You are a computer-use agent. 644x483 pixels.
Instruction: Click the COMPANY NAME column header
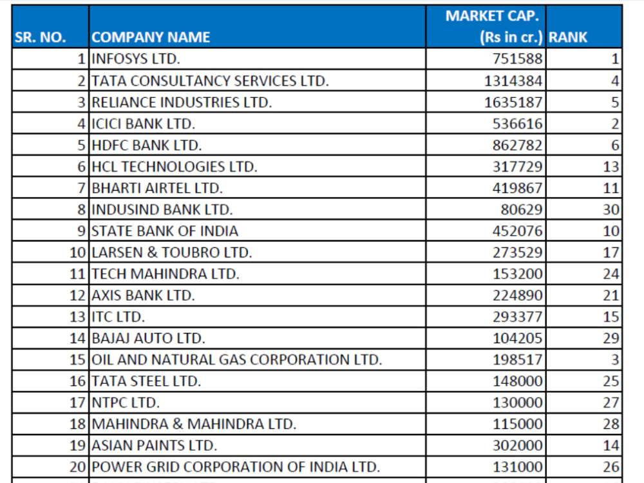pyautogui.click(x=151, y=37)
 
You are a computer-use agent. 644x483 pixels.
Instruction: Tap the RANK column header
pyautogui.click(x=567, y=37)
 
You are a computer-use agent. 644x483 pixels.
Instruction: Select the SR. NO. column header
pyautogui.click(x=40, y=37)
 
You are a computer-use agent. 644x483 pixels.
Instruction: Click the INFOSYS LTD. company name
pyautogui.click(x=135, y=59)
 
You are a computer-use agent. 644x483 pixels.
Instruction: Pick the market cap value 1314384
pyautogui.click(x=513, y=80)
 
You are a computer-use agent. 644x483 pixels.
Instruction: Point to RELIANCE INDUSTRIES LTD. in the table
pyautogui.click(x=182, y=102)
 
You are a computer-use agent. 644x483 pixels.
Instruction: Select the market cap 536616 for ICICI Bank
pyautogui.click(x=518, y=124)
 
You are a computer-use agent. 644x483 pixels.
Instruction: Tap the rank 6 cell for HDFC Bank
pyautogui.click(x=615, y=145)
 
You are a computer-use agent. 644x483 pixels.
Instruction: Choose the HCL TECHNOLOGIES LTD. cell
pyautogui.click(x=174, y=166)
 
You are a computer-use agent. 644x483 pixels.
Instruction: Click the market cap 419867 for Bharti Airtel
pyautogui.click(x=518, y=187)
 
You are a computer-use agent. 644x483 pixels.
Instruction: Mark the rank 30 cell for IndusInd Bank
pyautogui.click(x=611, y=209)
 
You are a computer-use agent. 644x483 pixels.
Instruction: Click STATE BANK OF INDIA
pyautogui.click(x=165, y=231)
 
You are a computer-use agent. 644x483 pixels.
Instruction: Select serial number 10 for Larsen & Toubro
pyautogui.click(x=78, y=252)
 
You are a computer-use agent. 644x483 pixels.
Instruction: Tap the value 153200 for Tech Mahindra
pyautogui.click(x=518, y=274)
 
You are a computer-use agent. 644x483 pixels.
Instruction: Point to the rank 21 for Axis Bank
pyautogui.click(x=611, y=296)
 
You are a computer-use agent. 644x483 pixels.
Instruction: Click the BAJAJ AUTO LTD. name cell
pyautogui.click(x=148, y=338)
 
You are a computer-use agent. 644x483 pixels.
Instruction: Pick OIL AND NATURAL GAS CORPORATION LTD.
pyautogui.click(x=236, y=359)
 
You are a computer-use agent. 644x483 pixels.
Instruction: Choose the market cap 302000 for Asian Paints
pyautogui.click(x=518, y=445)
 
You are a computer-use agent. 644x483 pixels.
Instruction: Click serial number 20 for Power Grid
pyautogui.click(x=78, y=466)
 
